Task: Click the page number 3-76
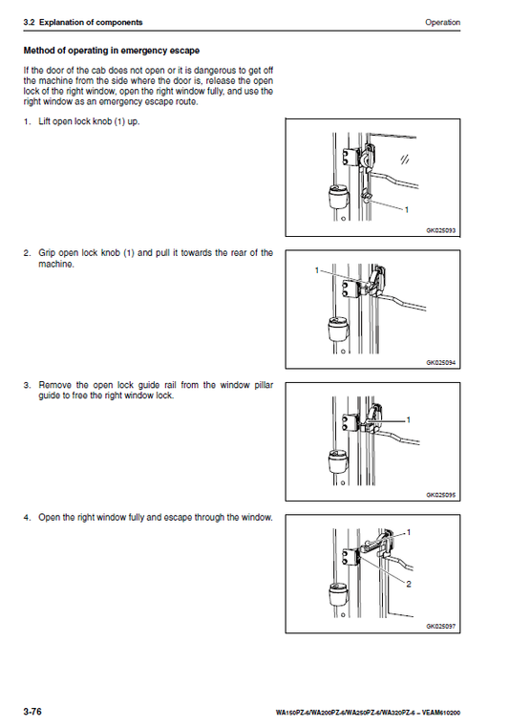[x=32, y=711]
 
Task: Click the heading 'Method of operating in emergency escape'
[x=112, y=51]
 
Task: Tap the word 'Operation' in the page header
[x=443, y=22]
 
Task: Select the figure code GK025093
[x=441, y=230]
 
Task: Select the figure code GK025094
[x=441, y=363]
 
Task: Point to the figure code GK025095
[x=441, y=495]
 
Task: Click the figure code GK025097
[x=441, y=627]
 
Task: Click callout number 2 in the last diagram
[x=409, y=585]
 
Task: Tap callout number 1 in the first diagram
[x=407, y=209]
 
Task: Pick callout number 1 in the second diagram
[x=317, y=269]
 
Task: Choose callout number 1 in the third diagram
[x=409, y=420]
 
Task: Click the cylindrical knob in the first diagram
[x=337, y=197]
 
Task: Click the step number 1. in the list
[x=28, y=121]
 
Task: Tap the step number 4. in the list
[x=28, y=518]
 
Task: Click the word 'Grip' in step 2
[x=47, y=253]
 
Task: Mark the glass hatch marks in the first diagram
[x=405, y=160]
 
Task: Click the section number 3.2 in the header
[x=29, y=22]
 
